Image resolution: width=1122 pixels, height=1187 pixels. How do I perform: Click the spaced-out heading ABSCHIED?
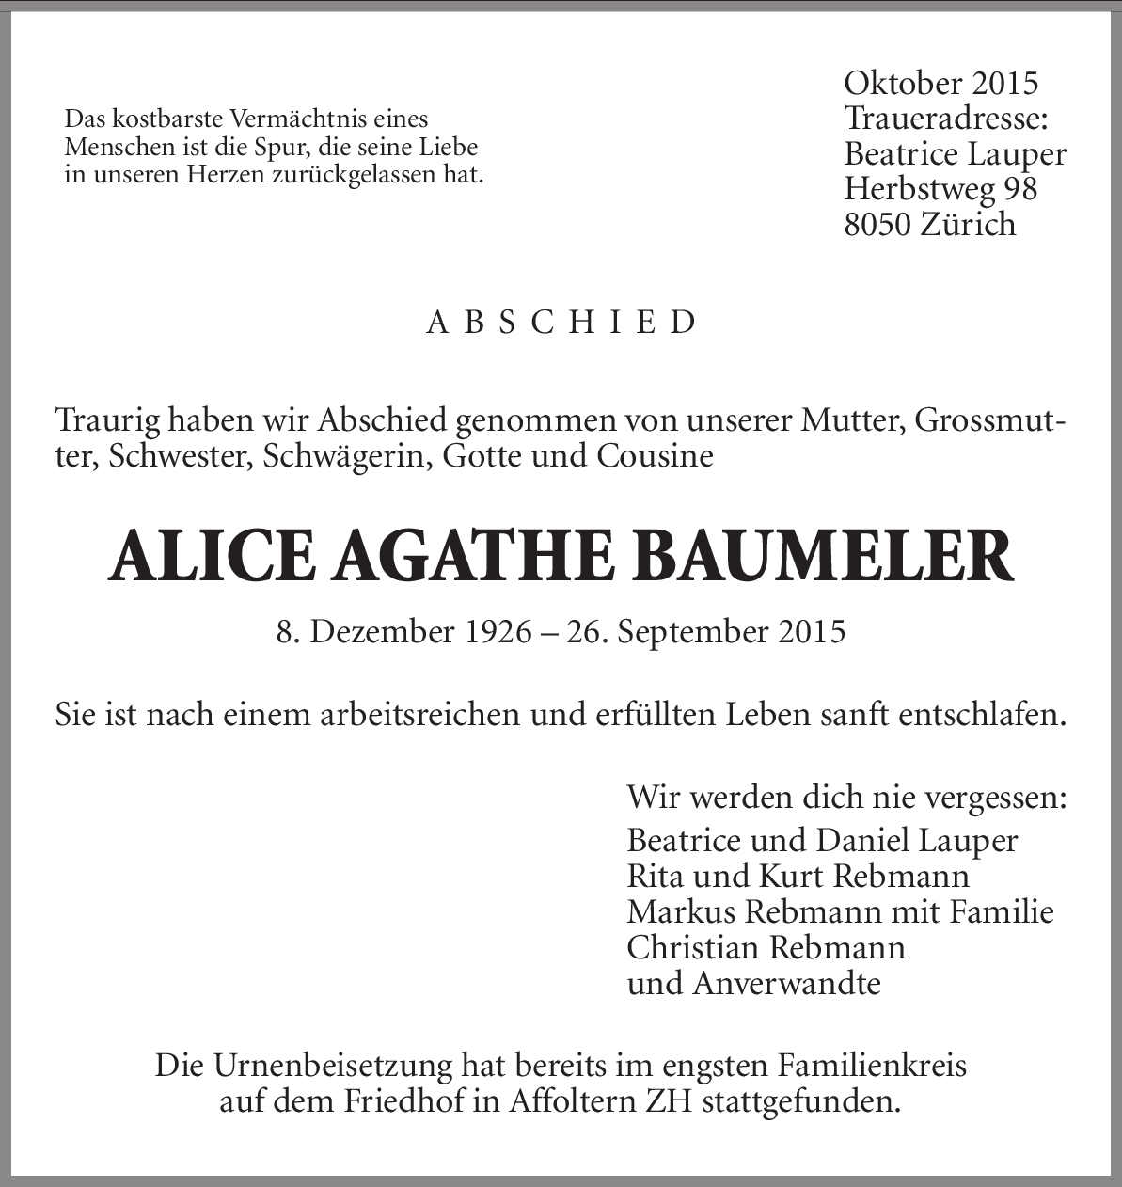pos(561,323)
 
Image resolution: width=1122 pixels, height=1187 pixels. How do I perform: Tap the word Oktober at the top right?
pos(902,83)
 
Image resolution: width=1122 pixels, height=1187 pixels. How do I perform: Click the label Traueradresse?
pos(946,119)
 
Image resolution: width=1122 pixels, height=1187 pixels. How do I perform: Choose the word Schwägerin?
pos(346,456)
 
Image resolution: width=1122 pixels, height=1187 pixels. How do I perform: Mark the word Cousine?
pos(654,456)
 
